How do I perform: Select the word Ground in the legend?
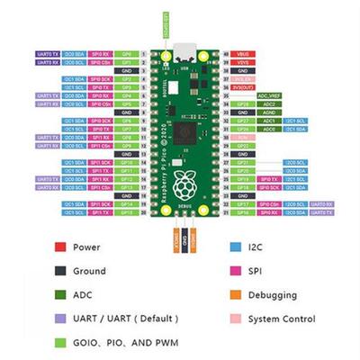[x=89, y=270]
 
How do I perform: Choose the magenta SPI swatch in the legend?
[x=234, y=270]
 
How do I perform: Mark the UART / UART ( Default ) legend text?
[x=126, y=319]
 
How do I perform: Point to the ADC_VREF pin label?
[x=268, y=95]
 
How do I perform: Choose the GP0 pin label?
[x=128, y=54]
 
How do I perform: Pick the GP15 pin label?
[x=128, y=213]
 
